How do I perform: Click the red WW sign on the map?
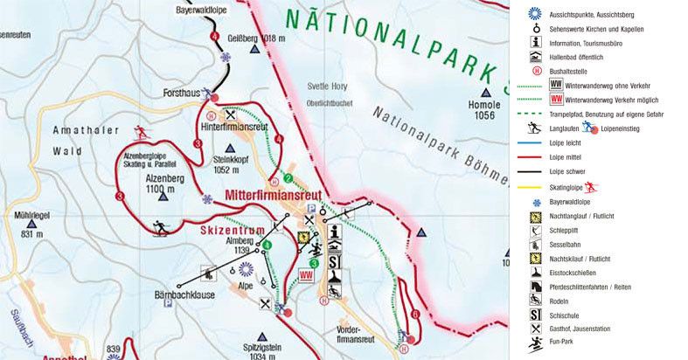point(306,275)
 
